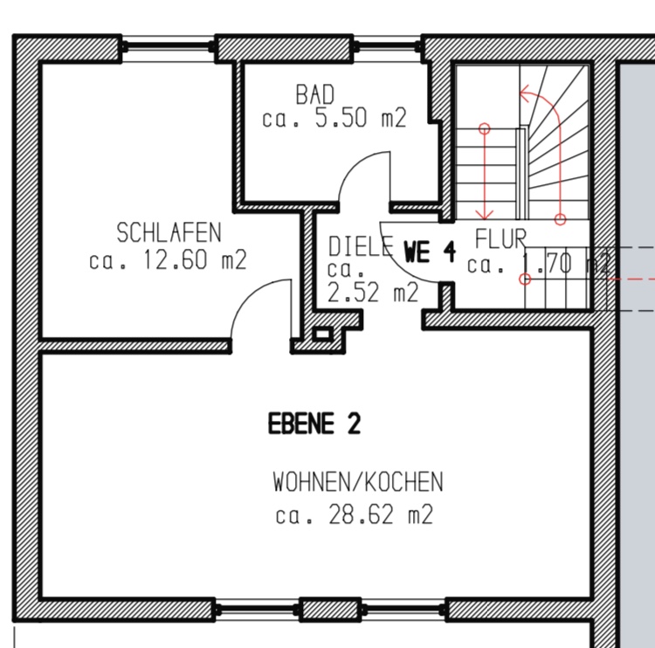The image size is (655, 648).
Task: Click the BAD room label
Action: (x=315, y=94)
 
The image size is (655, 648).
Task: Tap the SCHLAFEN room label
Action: (x=169, y=232)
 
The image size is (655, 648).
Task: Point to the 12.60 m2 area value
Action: (x=195, y=259)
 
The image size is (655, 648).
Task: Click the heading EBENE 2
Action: (x=314, y=424)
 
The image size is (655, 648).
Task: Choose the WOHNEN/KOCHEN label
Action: (x=358, y=482)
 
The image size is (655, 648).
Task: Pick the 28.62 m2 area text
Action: (x=381, y=514)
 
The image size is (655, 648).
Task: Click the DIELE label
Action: (x=361, y=246)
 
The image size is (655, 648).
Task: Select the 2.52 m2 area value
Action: (x=373, y=292)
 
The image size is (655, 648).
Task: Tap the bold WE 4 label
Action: (x=430, y=252)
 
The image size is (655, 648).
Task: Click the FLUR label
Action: (x=500, y=239)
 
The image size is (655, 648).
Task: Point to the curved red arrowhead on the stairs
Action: (x=525, y=93)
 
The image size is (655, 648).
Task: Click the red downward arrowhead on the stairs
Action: (x=485, y=214)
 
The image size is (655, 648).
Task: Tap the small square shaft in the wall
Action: (x=322, y=334)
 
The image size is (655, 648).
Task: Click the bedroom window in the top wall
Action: (x=169, y=48)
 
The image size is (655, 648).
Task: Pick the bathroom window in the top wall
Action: (x=386, y=48)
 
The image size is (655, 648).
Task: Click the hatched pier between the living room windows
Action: (x=330, y=610)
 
